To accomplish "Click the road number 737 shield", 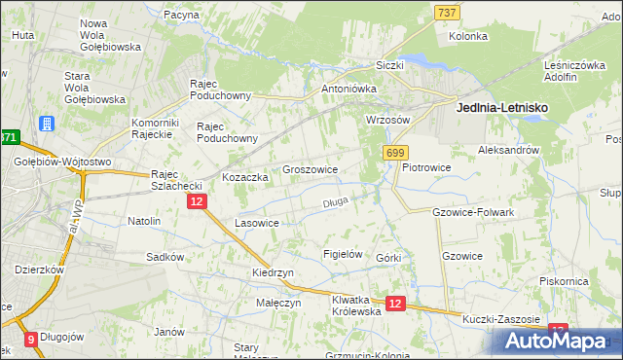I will pos(447,11).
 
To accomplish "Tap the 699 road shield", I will pos(396,153).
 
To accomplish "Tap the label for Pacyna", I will pos(182,16).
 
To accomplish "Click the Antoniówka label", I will pos(348,89).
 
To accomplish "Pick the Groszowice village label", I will pos(310,169).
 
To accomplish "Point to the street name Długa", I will pos(335,203).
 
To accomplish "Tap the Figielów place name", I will pos(343,254).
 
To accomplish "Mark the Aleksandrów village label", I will pos(508,151).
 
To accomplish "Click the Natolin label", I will pos(144,221).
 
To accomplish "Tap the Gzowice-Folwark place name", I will pos(472,211).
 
